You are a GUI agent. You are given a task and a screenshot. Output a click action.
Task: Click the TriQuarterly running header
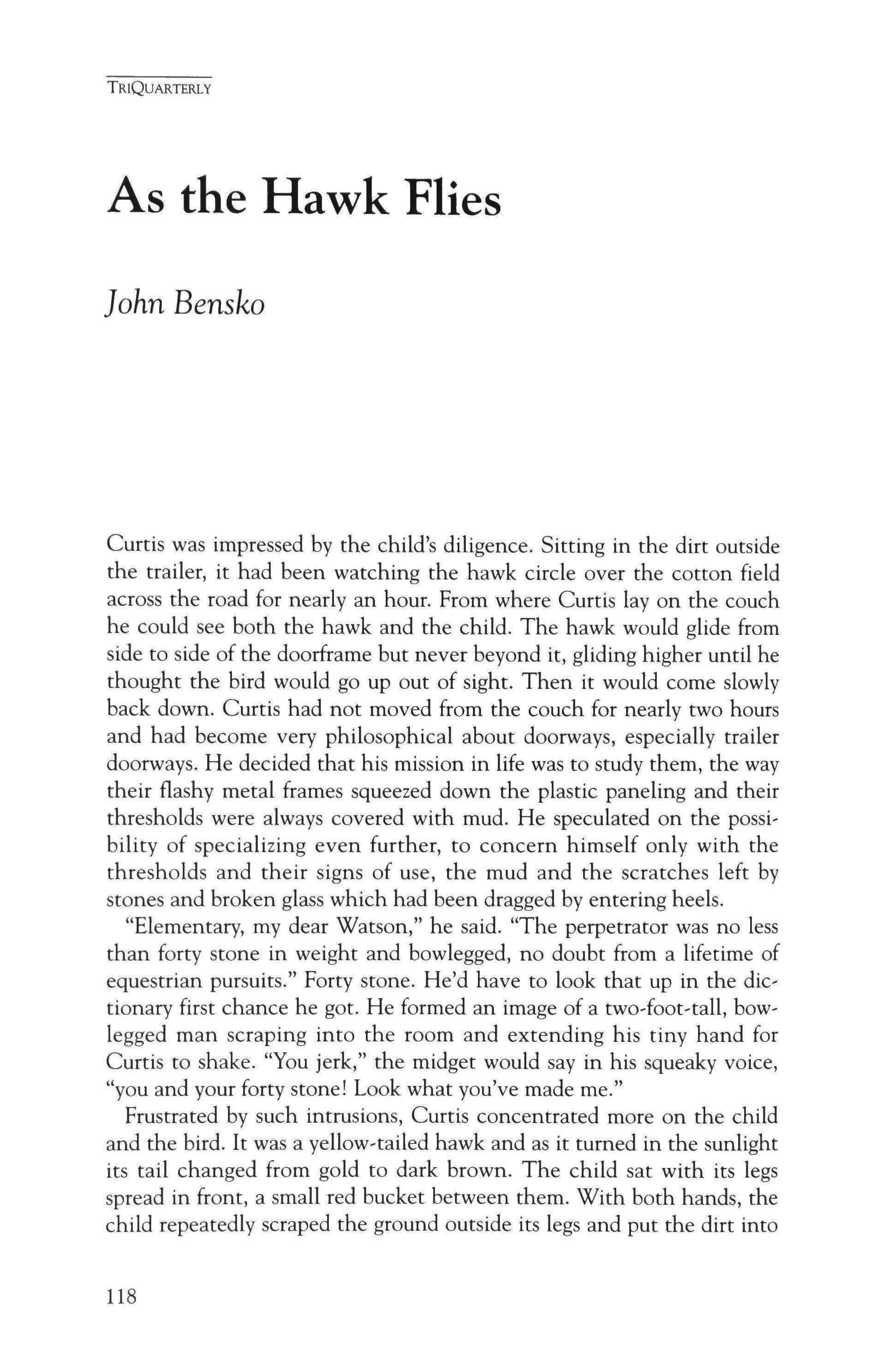(x=159, y=89)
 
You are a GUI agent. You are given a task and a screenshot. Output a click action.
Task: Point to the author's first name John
(x=135, y=304)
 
